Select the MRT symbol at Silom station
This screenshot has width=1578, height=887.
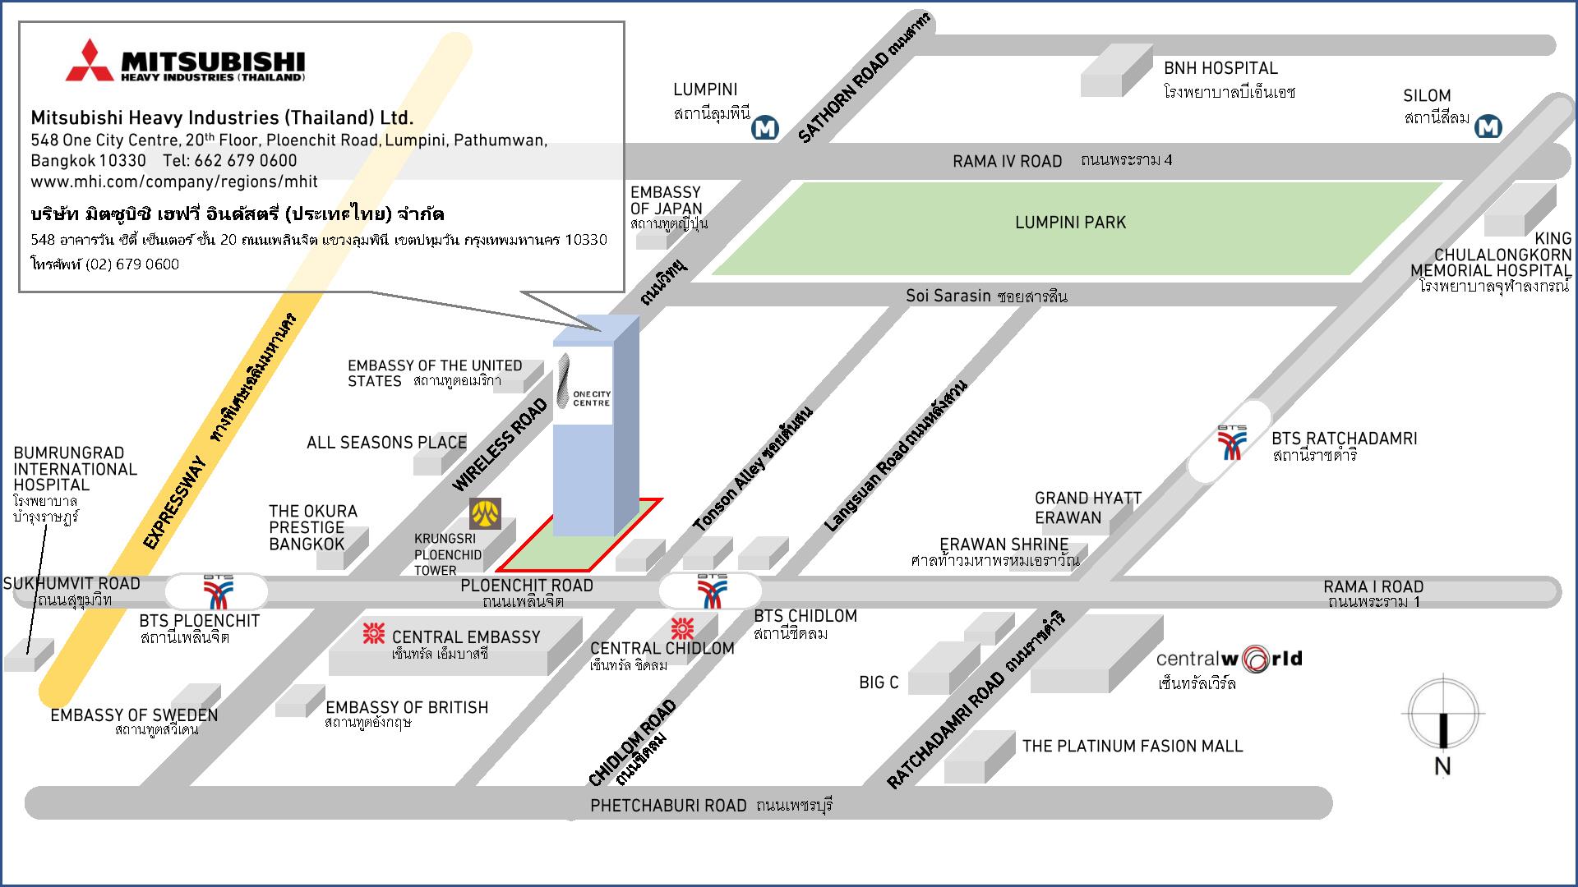1488,126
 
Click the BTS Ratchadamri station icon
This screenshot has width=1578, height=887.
1231,442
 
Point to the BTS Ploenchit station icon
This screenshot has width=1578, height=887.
218,591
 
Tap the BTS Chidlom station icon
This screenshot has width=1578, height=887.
711,591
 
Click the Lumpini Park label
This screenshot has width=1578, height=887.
1070,223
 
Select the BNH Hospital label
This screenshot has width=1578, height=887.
1220,68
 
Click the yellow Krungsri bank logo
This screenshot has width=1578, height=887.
485,513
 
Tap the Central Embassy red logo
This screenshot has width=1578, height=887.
374,633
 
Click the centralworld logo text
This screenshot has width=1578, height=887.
1229,659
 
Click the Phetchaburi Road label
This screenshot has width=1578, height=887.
668,806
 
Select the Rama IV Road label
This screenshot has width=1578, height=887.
1007,162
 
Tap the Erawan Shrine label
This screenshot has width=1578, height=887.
1004,545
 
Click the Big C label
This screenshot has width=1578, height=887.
879,682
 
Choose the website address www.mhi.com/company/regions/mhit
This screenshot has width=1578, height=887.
174,181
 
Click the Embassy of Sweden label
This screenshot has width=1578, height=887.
134,715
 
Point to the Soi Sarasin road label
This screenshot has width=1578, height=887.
948,296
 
